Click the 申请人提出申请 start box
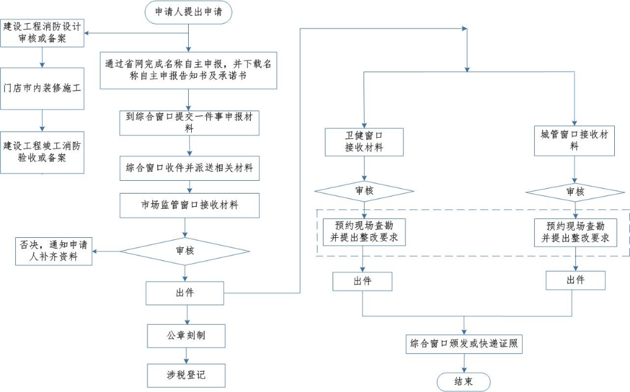pyautogui.click(x=189, y=12)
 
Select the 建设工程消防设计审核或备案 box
pyautogui.click(x=42, y=33)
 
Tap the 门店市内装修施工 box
pyautogui.click(x=42, y=88)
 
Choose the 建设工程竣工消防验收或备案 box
pyautogui.click(x=42, y=152)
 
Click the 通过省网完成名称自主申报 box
pyautogui.click(x=189, y=70)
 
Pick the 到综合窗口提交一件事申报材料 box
pyautogui.click(x=189, y=122)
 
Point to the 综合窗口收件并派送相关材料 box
pyautogui.click(x=189, y=168)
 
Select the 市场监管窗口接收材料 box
pyautogui.click(x=189, y=205)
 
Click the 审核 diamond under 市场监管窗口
pyautogui.click(x=185, y=251)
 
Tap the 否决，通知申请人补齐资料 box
pyautogui.click(x=55, y=251)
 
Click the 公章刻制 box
pyautogui.click(x=186, y=335)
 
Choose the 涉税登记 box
pyautogui.click(x=186, y=375)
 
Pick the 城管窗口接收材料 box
pyautogui.click(x=574, y=141)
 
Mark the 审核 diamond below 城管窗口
pyautogui.click(x=575, y=192)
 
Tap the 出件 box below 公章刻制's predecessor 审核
pyautogui.click(x=185, y=293)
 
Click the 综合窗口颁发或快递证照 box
pyautogui.click(x=464, y=343)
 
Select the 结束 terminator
pyautogui.click(x=464, y=382)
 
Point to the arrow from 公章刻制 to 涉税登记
pyautogui.click(x=186, y=355)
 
